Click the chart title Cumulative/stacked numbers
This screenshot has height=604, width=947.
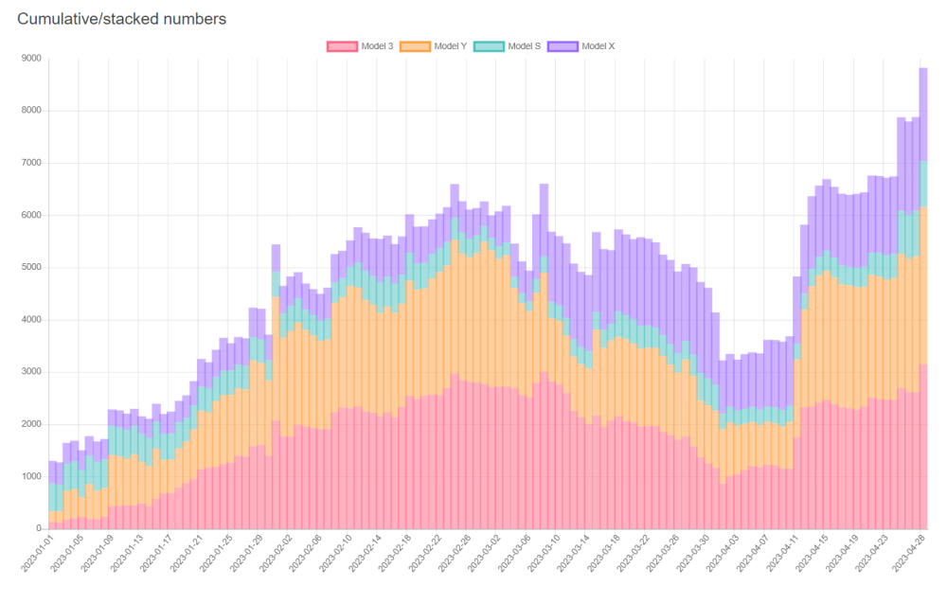pos(121,19)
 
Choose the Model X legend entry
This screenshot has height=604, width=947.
pos(581,45)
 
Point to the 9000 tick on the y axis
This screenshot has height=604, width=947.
pos(31,59)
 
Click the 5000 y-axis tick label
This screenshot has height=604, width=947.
pos(31,268)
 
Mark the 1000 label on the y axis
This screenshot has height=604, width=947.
pos(31,476)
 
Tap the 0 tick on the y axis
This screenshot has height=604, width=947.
pos(39,528)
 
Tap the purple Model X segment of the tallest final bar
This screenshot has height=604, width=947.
pos(923,114)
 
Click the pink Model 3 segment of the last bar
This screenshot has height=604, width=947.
pos(923,445)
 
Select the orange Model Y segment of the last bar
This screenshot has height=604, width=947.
pos(923,284)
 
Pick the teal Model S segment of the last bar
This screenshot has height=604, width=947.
pos(923,184)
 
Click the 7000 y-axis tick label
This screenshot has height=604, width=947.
pos(31,163)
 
